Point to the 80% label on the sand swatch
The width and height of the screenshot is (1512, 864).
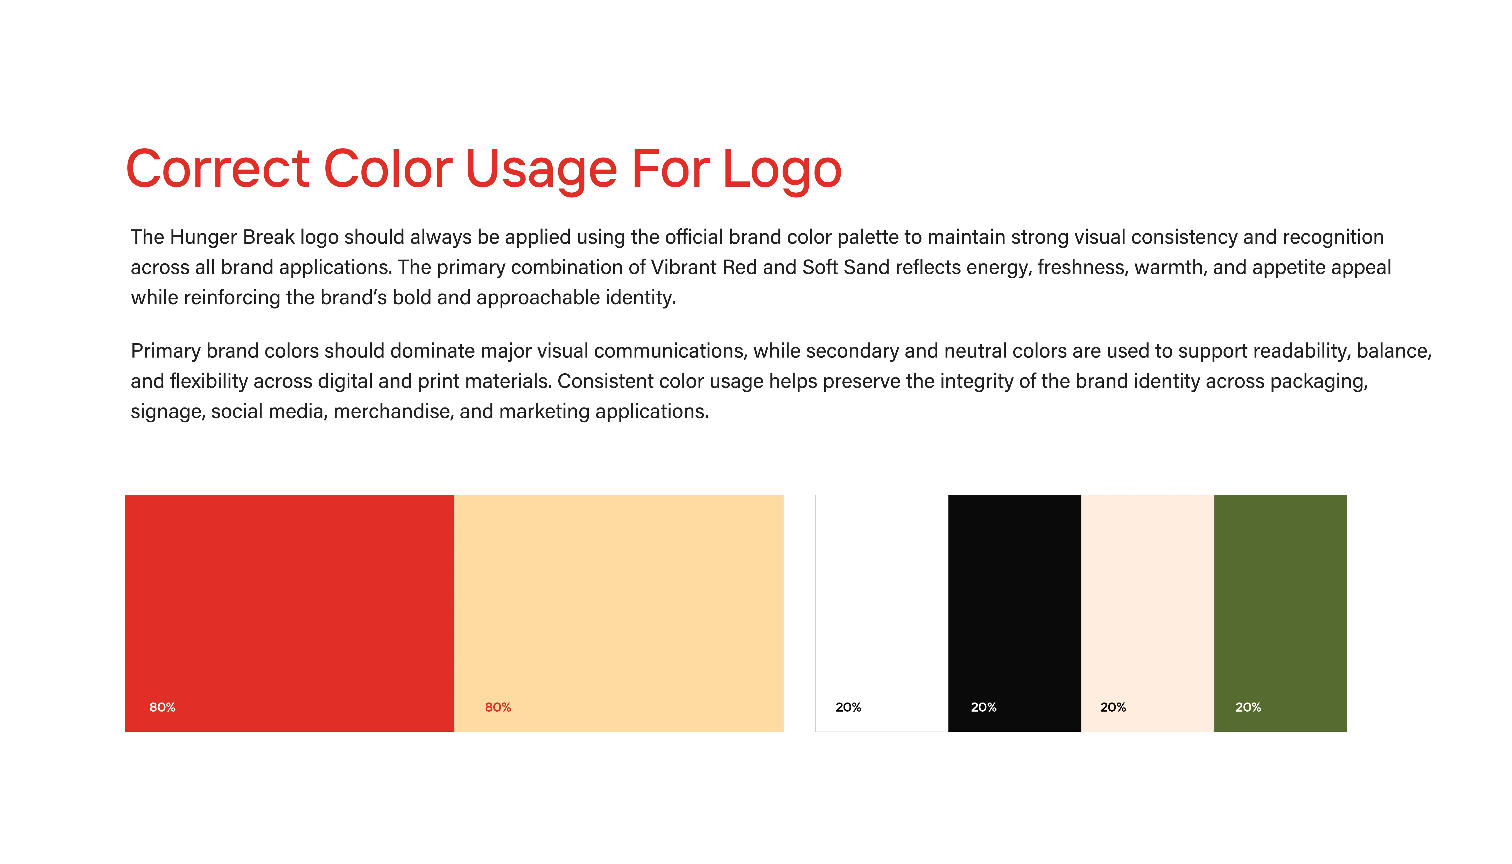click(498, 707)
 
